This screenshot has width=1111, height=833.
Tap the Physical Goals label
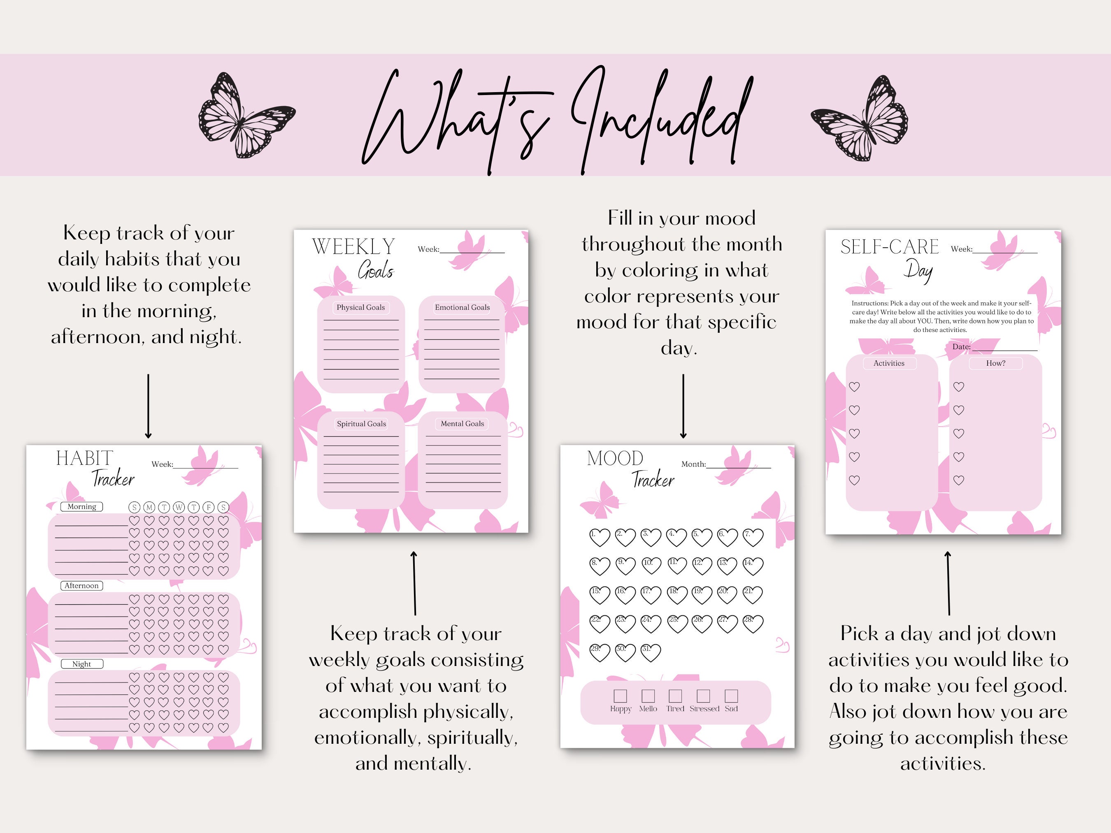coord(360,307)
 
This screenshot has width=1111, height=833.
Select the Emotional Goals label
coord(462,307)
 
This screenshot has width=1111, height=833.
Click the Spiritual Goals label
coord(361,424)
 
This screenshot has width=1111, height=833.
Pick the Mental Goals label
coord(462,424)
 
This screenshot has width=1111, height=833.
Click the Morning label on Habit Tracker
coord(82,507)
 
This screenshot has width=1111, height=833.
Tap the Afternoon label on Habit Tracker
coord(81,585)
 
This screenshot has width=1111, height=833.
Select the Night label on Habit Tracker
coord(81,664)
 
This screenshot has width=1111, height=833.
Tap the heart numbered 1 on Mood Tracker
coord(599,537)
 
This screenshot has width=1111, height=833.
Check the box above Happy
coord(620,696)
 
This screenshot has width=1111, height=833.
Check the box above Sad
coord(731,696)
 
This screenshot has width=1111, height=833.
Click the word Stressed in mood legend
coord(704,708)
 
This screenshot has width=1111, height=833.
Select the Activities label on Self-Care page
coord(888,363)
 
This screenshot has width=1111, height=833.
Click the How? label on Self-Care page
coord(995,363)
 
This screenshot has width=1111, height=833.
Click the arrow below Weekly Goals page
coord(414,582)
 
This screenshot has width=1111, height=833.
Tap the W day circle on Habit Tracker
coord(179,507)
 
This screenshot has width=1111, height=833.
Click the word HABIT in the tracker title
coord(84,458)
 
